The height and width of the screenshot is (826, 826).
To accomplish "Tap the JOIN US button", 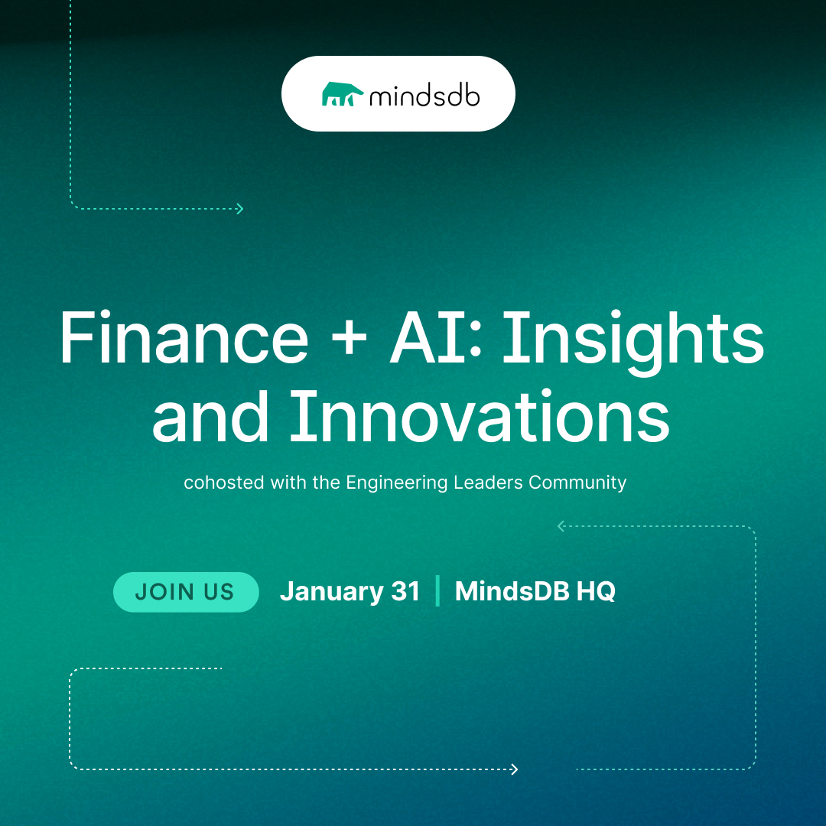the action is pos(186,591).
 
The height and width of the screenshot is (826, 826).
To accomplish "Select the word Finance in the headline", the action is pos(184,338).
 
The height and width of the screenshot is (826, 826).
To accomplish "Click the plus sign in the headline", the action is pos(350,340).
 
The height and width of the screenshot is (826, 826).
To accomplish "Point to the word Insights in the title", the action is pos(633,341).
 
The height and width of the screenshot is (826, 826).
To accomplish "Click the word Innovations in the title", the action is pos(480,416).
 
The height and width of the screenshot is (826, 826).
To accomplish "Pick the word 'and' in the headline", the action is pos(210,416).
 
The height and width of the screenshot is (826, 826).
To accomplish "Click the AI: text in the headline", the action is pos(436,338).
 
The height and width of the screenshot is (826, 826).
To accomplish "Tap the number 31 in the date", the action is pos(405,591).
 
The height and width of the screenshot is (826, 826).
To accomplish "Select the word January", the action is pos(332,592).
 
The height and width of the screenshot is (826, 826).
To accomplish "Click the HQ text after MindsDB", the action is pos(596,591).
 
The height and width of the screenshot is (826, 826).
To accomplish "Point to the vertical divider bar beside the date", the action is pos(437,591).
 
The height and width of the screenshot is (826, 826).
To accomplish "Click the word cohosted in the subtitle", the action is pos(224,483).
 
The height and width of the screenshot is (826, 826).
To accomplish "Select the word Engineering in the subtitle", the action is pos(397,483).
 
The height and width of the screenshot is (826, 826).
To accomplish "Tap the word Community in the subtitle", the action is pos(577,483).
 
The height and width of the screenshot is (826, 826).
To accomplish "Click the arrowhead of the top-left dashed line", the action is pos(239,209).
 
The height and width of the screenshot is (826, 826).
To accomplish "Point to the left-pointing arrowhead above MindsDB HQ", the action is pos(561,525).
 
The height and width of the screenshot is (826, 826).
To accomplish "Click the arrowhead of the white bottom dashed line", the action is pos(514,769).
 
